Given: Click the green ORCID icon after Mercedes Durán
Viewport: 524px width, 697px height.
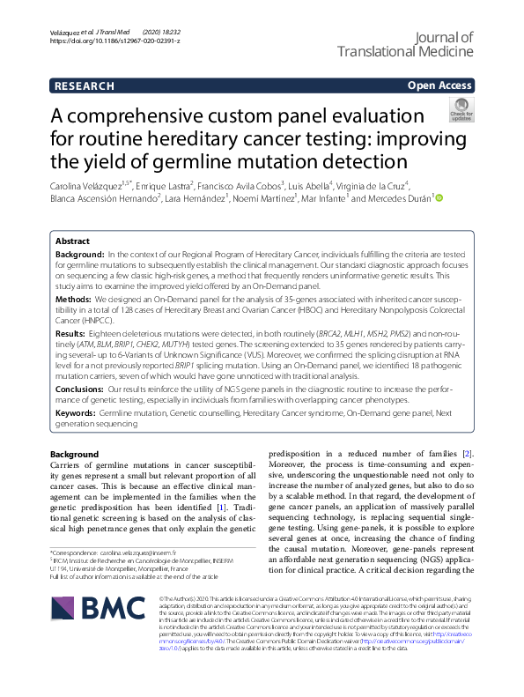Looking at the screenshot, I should click(439, 199).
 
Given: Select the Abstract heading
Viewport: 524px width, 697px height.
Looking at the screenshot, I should click(72, 241).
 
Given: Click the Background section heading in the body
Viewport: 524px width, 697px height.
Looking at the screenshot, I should click(75, 454).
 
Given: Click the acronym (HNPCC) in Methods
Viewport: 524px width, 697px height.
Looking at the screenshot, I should click(77, 322).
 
